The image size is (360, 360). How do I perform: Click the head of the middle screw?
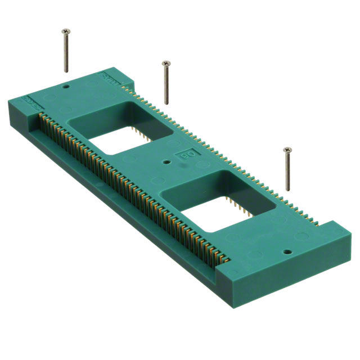click(x=165, y=63)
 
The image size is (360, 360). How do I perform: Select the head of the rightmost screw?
click(x=289, y=150)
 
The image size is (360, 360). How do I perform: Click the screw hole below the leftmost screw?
click(x=66, y=88)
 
